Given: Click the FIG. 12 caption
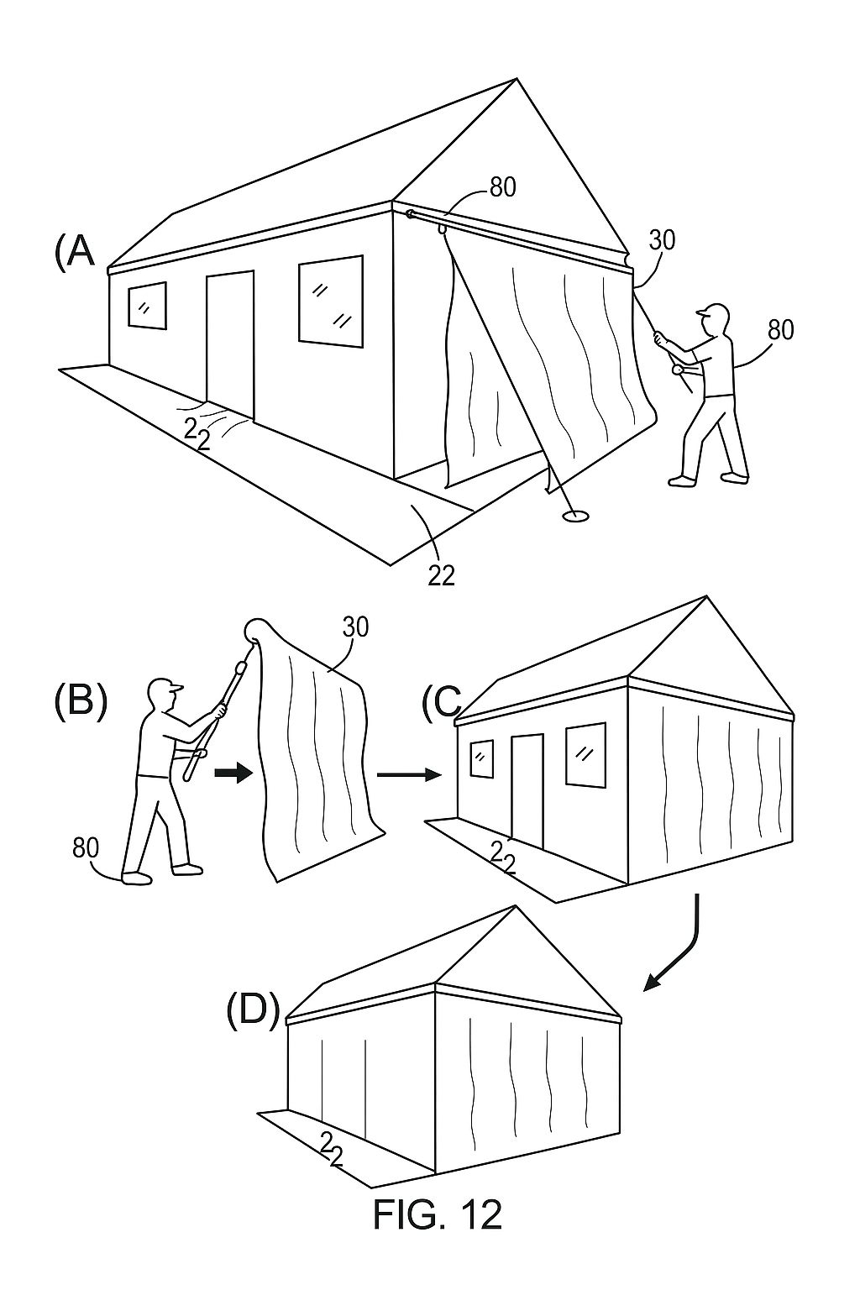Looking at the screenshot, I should tap(437, 1214).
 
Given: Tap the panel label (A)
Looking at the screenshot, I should tap(75, 250).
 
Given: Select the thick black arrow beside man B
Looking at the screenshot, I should tap(233, 773).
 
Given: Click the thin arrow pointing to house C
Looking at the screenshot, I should tap(409, 774).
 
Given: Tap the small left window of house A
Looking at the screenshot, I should tap(146, 305).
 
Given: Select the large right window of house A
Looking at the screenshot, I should tap(331, 301).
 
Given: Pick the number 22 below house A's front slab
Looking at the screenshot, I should tap(441, 574).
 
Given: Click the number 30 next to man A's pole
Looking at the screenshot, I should tap(662, 240).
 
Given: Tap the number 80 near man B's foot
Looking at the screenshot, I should tap(85, 847).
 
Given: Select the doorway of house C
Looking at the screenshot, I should tap(527, 789).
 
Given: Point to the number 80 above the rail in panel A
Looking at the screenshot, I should tap(502, 187).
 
